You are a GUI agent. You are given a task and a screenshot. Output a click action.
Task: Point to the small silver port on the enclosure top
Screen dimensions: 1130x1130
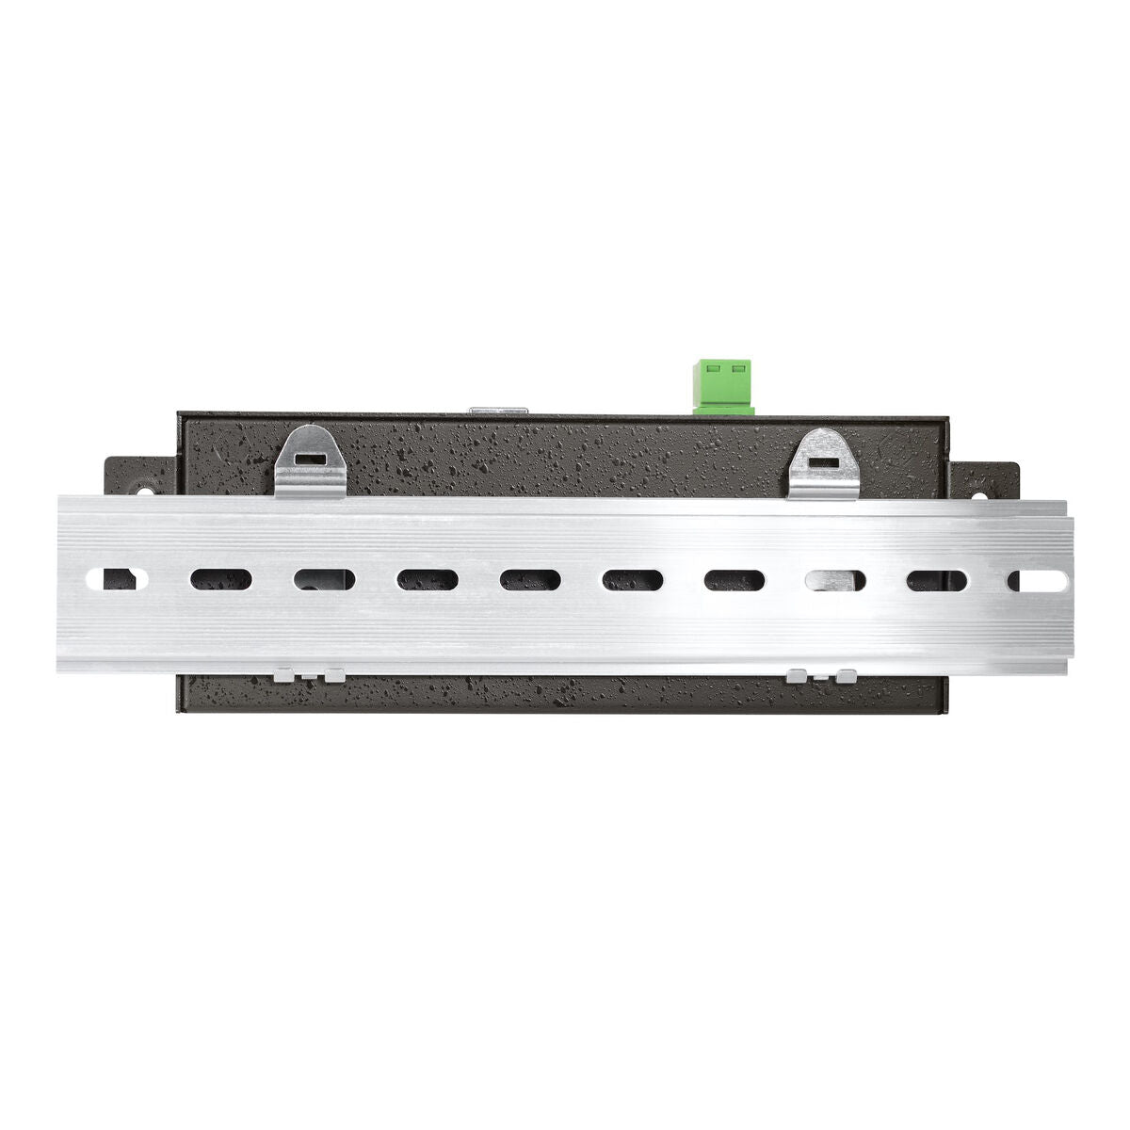pyautogui.click(x=499, y=411)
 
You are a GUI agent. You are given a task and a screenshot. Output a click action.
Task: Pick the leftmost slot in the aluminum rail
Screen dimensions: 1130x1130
pyautogui.click(x=116, y=578)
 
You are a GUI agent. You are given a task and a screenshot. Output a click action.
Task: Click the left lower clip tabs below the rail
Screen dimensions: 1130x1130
pyautogui.click(x=308, y=675)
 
